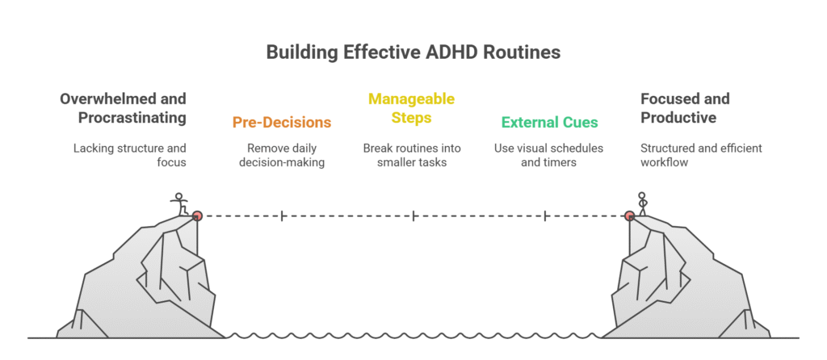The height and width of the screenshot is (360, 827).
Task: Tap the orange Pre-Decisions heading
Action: [282, 123]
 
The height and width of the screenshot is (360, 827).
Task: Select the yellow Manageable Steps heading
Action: [413, 108]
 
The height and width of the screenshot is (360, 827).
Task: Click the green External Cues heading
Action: [549, 123]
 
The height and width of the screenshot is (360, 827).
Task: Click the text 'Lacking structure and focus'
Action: [130, 156]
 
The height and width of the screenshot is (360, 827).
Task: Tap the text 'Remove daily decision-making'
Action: [282, 156]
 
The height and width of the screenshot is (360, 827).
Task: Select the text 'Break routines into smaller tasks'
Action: [413, 156]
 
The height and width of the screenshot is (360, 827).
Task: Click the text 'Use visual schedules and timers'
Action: [549, 156]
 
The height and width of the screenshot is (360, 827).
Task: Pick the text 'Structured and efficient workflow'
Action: [701, 156]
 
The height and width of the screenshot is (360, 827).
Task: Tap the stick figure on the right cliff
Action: [643, 203]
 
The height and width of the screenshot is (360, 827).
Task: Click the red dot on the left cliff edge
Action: [197, 216]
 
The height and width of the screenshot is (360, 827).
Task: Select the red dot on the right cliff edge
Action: [629, 216]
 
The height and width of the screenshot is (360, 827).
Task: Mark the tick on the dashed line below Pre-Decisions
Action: [282, 216]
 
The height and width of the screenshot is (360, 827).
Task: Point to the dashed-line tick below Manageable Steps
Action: [413, 216]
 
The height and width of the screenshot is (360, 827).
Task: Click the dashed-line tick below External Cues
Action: [547, 216]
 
